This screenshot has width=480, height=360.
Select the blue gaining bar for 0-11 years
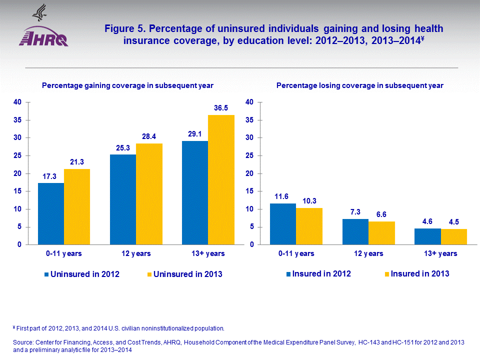51,214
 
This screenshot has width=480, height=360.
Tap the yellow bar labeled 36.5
221,180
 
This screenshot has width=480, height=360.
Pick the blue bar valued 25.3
123,199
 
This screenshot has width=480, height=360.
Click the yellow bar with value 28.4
149,194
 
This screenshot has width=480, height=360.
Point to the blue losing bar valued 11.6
283,224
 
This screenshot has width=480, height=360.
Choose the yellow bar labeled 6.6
382,233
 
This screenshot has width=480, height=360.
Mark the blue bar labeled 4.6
428,236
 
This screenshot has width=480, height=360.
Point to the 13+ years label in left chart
208,253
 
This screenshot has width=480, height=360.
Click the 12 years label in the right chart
368,253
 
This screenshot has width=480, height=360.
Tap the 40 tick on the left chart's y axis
17,102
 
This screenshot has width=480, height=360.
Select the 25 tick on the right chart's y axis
250,155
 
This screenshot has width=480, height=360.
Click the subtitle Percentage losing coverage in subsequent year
359,85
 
